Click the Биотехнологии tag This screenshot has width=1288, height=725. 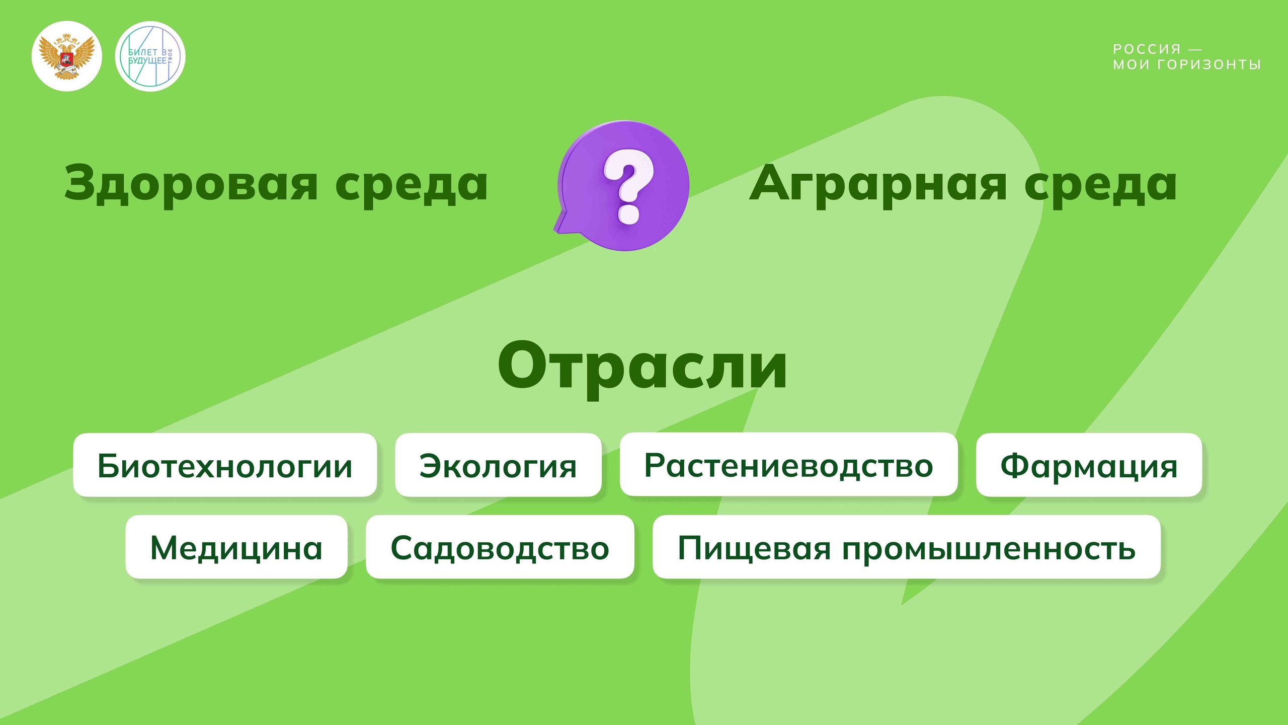(225, 465)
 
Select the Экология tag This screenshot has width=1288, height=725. (498, 465)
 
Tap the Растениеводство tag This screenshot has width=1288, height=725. (788, 464)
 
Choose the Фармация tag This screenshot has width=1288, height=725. (1089, 465)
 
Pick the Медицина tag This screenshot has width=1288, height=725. (236, 547)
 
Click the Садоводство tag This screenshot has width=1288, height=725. (500, 547)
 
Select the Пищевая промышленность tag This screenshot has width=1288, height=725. (907, 547)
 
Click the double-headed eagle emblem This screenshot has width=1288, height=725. (67, 56)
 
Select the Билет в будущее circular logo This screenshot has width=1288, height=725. (150, 56)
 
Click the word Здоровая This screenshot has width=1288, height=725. (191, 183)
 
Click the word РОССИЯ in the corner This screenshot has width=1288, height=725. (1147, 49)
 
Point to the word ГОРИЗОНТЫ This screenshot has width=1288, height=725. (1209, 64)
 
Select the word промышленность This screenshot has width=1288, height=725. (989, 548)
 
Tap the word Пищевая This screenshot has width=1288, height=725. (754, 548)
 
